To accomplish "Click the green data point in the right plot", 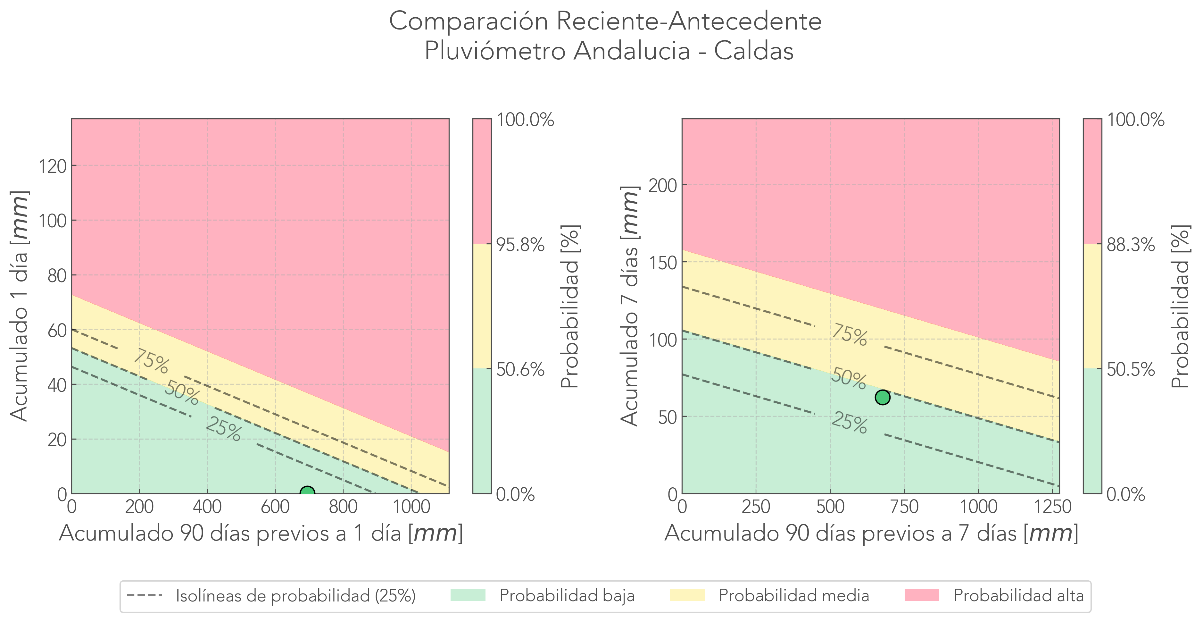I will click(882, 397).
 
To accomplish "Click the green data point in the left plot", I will click(307, 492).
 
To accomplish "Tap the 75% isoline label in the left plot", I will click(151, 361).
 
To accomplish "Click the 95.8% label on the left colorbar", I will click(520, 244).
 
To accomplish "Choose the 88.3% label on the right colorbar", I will click(1131, 244).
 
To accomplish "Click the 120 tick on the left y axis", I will click(52, 166).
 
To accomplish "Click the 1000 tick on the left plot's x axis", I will click(411, 507).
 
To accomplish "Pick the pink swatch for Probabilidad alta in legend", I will click(921, 595).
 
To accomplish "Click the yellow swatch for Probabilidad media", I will click(687, 595).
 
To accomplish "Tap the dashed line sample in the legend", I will click(144, 595).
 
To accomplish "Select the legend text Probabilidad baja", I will click(567, 596).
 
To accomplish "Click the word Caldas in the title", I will click(753, 50).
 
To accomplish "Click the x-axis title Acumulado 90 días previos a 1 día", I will click(261, 533).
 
